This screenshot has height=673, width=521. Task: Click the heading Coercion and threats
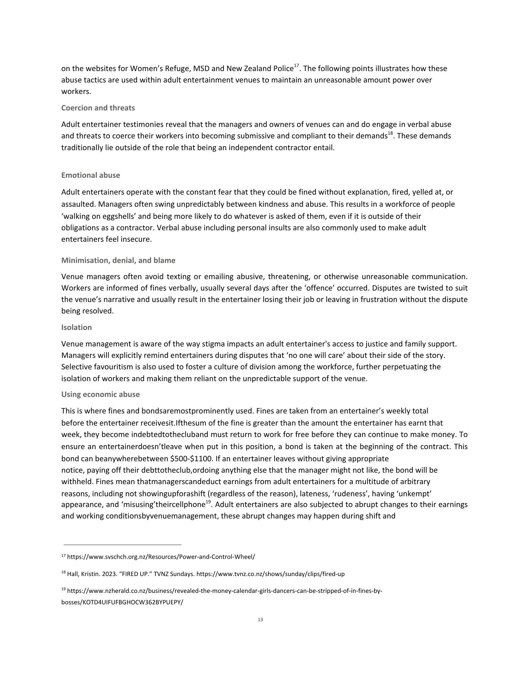98,108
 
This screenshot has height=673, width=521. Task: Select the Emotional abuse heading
90,175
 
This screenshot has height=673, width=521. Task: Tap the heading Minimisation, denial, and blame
118,260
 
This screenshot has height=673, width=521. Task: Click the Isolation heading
76,328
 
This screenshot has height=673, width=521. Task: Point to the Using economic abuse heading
100,395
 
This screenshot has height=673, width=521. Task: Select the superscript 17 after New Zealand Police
296,66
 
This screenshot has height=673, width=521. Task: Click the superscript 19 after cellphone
208,502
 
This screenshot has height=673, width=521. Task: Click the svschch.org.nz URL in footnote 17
161,557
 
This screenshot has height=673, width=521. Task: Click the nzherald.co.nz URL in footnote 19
224,591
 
